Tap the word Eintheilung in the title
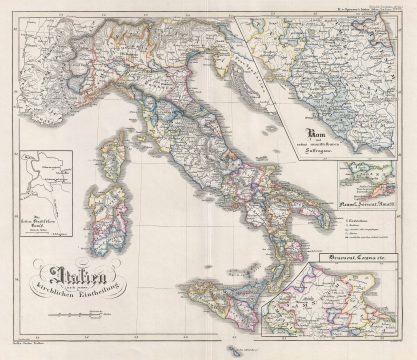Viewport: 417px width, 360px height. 107,283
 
